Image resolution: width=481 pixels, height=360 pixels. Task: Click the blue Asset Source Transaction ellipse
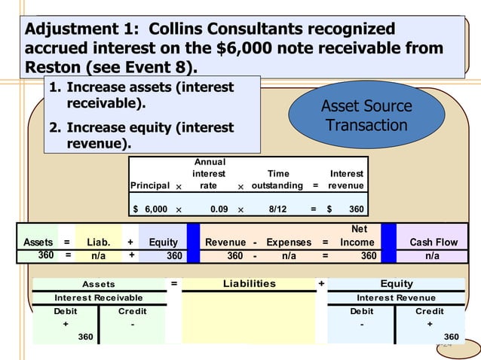coord(366,114)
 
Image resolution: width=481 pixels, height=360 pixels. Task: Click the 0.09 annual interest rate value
coord(219,207)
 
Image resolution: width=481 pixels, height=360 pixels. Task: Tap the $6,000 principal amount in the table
coord(150,207)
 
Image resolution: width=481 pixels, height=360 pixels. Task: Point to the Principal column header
coord(150,185)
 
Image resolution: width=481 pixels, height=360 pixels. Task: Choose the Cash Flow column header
coord(433,243)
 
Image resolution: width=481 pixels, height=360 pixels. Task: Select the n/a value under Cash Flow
coord(433,256)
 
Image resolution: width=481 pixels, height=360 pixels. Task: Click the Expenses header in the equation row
coord(290,243)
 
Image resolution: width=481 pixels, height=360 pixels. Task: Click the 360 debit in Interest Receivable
coord(87,336)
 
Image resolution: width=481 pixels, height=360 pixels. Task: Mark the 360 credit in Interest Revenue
coord(451,336)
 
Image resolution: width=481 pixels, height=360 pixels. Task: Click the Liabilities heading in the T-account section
coord(250,284)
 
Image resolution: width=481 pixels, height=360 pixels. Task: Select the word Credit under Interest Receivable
coord(133,311)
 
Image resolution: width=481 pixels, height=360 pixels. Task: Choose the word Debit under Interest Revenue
coord(362,311)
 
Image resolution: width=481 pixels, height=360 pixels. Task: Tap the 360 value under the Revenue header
coord(235,256)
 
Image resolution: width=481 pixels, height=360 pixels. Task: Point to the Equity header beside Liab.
coord(163,243)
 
